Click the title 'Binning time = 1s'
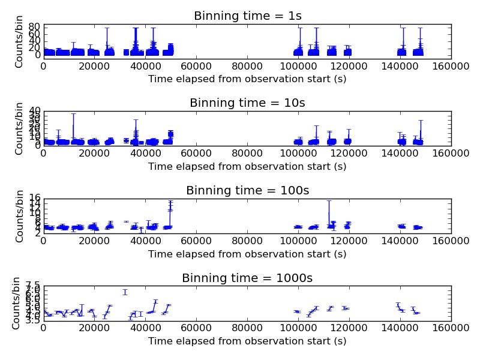[247, 16]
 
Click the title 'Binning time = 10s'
[247, 103]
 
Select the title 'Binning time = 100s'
[247, 191]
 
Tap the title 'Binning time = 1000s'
[247, 278]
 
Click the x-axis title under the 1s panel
[247, 79]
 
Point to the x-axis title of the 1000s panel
[247, 341]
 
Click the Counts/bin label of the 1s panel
[19, 41]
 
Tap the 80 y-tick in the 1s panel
[34, 27]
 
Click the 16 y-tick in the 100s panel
[34, 199]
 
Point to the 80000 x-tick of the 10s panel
[247, 153]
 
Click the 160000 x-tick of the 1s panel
[451, 66]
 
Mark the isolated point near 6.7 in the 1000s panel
[125, 292]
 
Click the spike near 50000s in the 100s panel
[170, 207]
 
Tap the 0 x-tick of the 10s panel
[43, 153]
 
